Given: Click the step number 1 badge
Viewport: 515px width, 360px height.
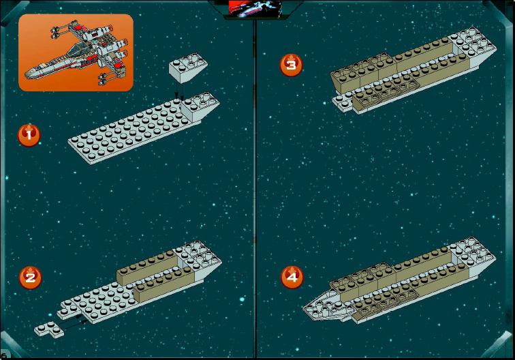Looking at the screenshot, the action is [29, 135].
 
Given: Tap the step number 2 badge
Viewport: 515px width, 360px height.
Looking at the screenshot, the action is [30, 277].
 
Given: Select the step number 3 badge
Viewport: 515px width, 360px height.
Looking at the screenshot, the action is [292, 65].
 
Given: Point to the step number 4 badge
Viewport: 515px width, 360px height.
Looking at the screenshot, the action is [292, 277].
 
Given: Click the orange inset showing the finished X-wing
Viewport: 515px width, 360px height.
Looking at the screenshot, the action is [76, 52].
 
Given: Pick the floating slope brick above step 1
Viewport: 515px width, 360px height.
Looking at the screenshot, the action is [188, 67].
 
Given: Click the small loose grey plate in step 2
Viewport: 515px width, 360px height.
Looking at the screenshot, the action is [49, 329].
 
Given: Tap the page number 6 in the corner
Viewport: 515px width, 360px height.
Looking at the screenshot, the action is [3, 355].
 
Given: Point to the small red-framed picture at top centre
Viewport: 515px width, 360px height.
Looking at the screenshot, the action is [255, 9].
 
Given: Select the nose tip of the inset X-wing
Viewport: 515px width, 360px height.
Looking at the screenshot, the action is [27, 75].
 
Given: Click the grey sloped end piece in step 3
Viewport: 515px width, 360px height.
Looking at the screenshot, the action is [473, 48].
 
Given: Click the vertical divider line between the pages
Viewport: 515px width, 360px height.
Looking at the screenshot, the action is [255, 187].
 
